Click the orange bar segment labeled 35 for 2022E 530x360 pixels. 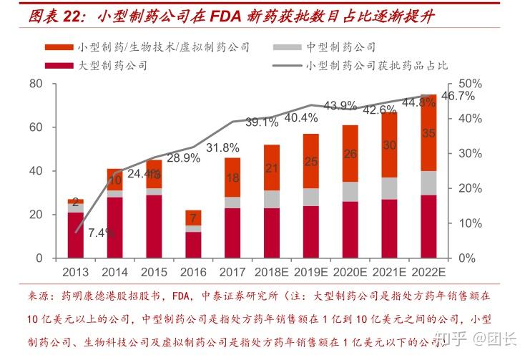point(428,133)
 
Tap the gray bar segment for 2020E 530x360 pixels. point(350,192)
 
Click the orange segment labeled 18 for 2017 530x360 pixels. point(232,177)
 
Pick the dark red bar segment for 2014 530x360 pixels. point(115,228)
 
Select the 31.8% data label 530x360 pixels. point(222,148)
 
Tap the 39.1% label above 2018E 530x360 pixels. point(262,122)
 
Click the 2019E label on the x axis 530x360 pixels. point(310,273)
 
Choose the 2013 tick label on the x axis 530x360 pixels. point(76,273)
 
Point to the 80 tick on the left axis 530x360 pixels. point(36,84)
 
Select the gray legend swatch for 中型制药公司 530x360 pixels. point(287,47)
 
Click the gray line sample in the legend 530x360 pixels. point(287,66)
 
